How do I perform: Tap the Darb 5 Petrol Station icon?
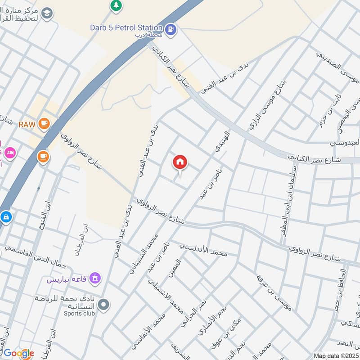point(171,30)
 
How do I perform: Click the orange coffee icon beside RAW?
point(44,123)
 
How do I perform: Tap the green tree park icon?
point(116,5)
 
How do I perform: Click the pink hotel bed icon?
point(9,152)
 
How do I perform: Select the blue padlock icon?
point(5,217)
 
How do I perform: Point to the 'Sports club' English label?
point(79,313)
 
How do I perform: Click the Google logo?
point(18,353)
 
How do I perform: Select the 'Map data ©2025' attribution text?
point(336,355)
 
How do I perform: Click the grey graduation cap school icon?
point(47,14)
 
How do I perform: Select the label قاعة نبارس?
point(67,279)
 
